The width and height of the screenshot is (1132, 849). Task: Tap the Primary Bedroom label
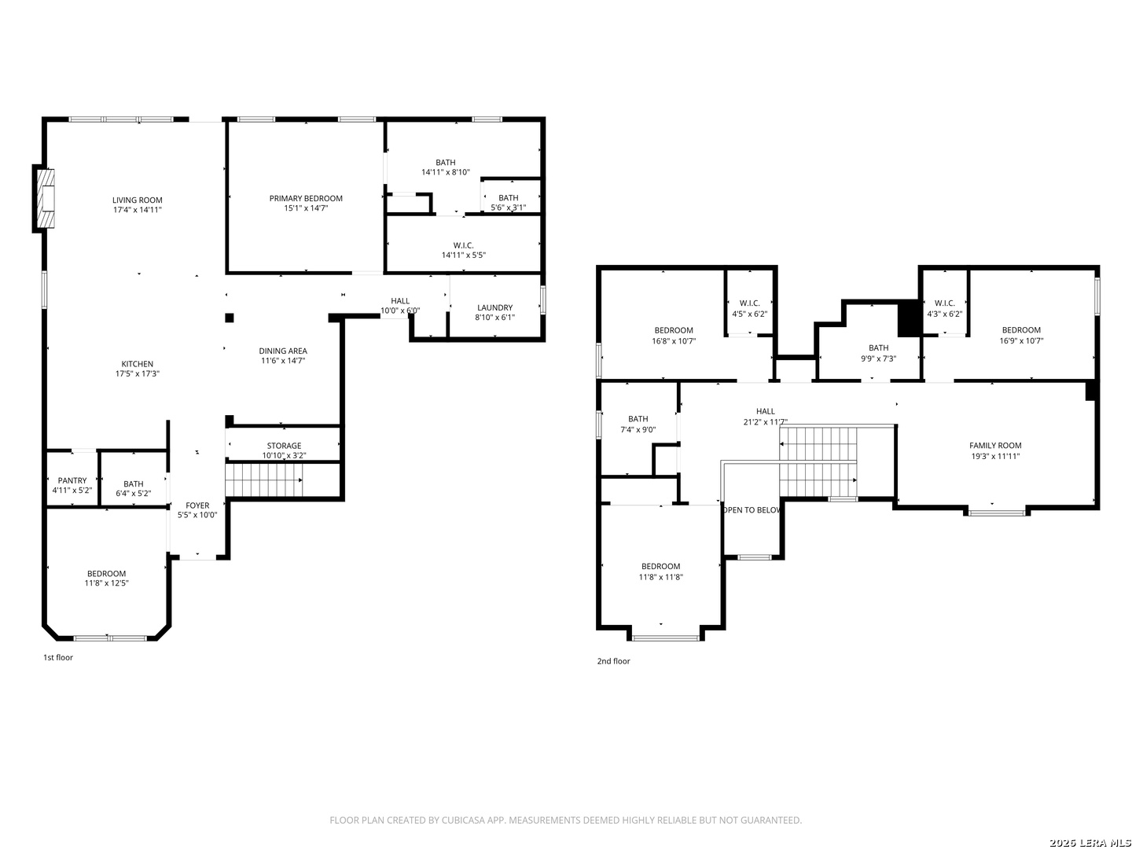click(306, 198)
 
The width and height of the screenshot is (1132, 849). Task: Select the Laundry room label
click(494, 307)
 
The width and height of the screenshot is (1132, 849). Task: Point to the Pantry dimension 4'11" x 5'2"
click(72, 491)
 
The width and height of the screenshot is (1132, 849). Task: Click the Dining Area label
click(283, 351)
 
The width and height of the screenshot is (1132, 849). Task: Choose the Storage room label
click(284, 446)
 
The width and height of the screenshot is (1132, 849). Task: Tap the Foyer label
click(197, 505)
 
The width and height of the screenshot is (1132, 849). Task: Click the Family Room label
click(994, 446)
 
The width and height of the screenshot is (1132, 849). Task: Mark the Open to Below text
click(752, 510)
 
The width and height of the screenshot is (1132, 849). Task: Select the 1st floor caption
click(58, 657)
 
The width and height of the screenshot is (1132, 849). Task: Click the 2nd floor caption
click(614, 661)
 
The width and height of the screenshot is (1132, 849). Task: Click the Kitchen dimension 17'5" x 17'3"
click(138, 373)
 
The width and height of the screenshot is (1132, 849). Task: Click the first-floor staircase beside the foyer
click(264, 480)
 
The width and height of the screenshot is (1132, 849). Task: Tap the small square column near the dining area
click(230, 318)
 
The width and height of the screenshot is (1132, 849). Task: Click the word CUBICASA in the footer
click(464, 820)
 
